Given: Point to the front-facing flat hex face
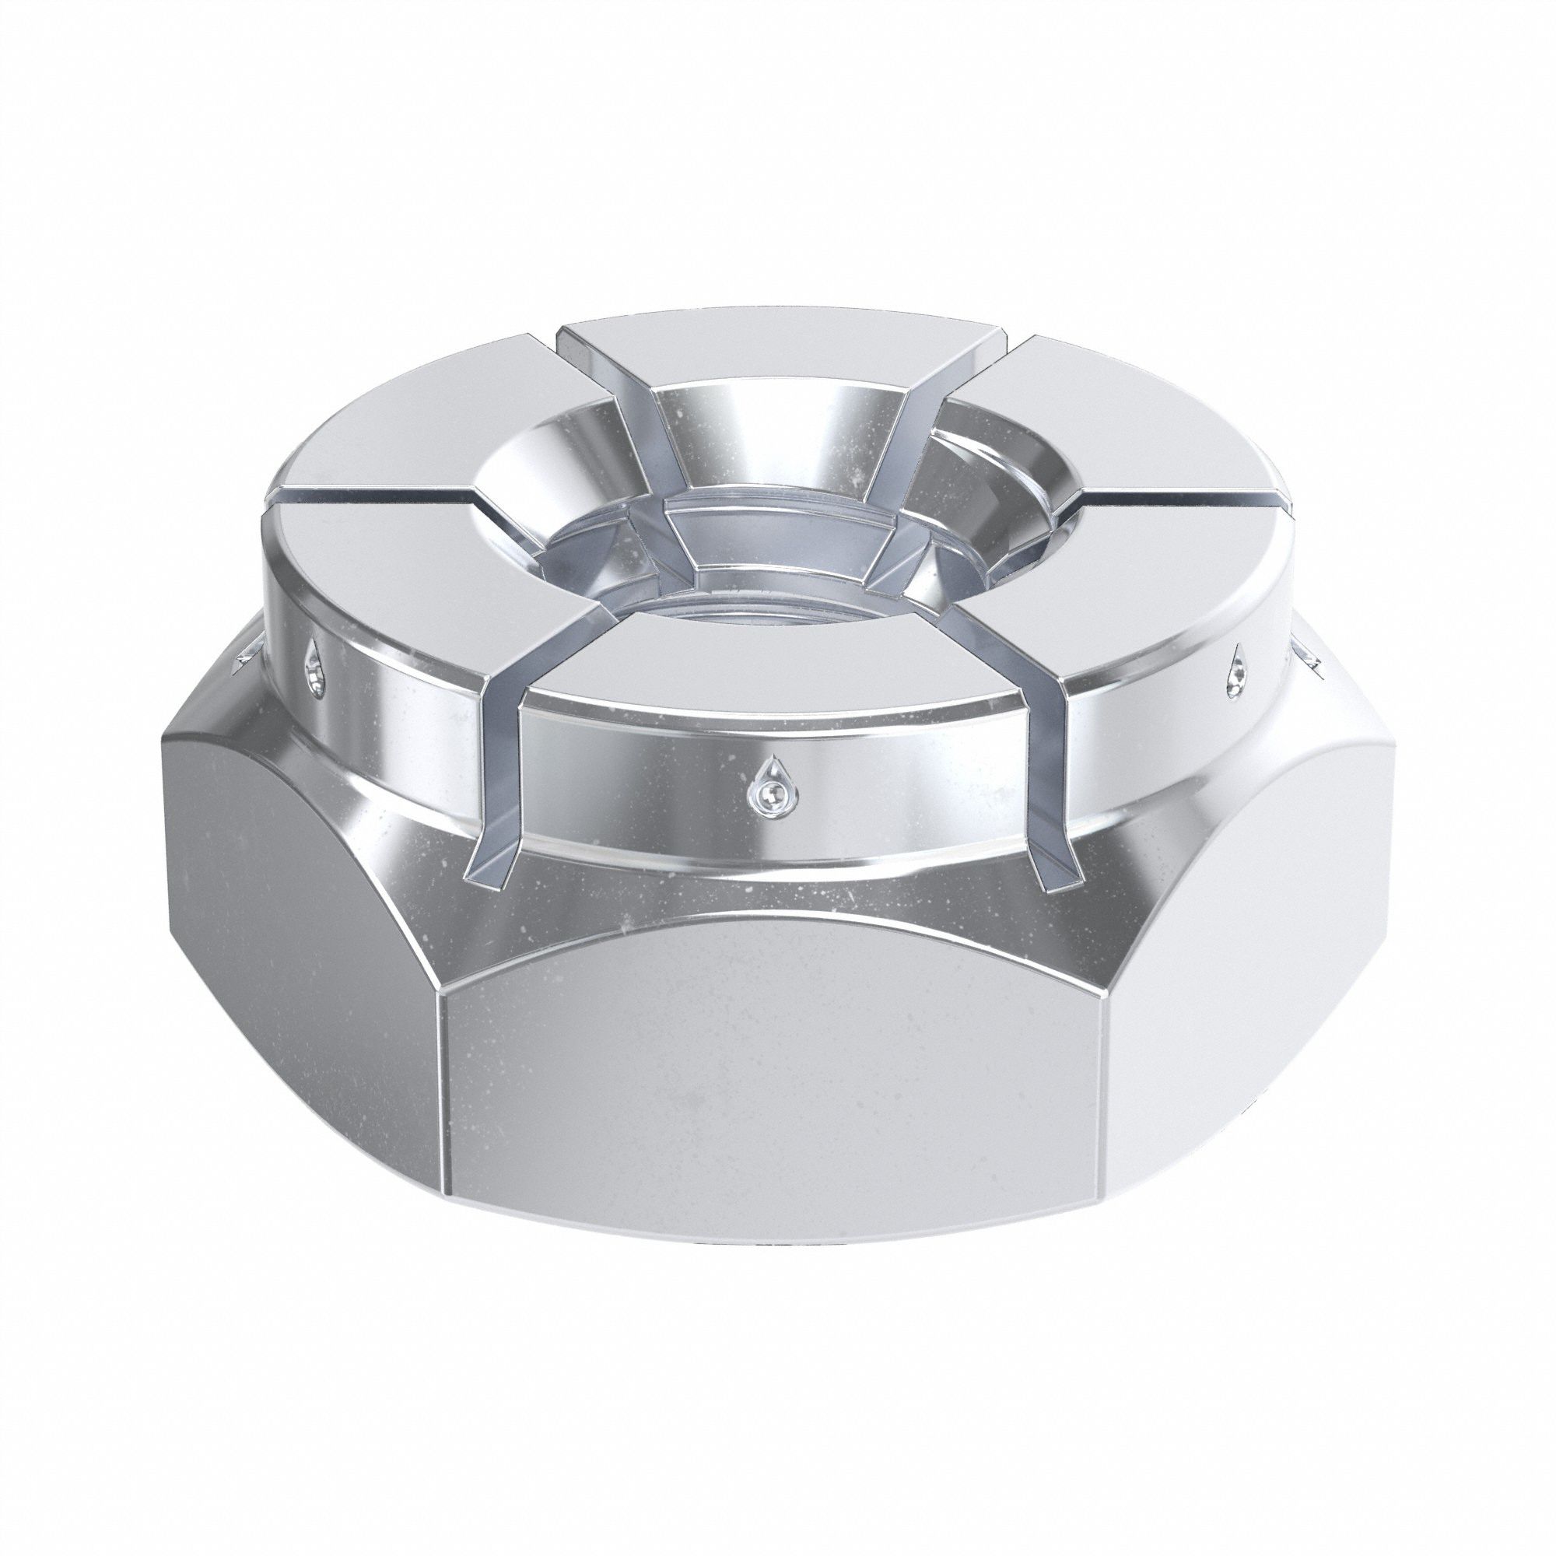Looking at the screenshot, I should (773, 1127).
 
